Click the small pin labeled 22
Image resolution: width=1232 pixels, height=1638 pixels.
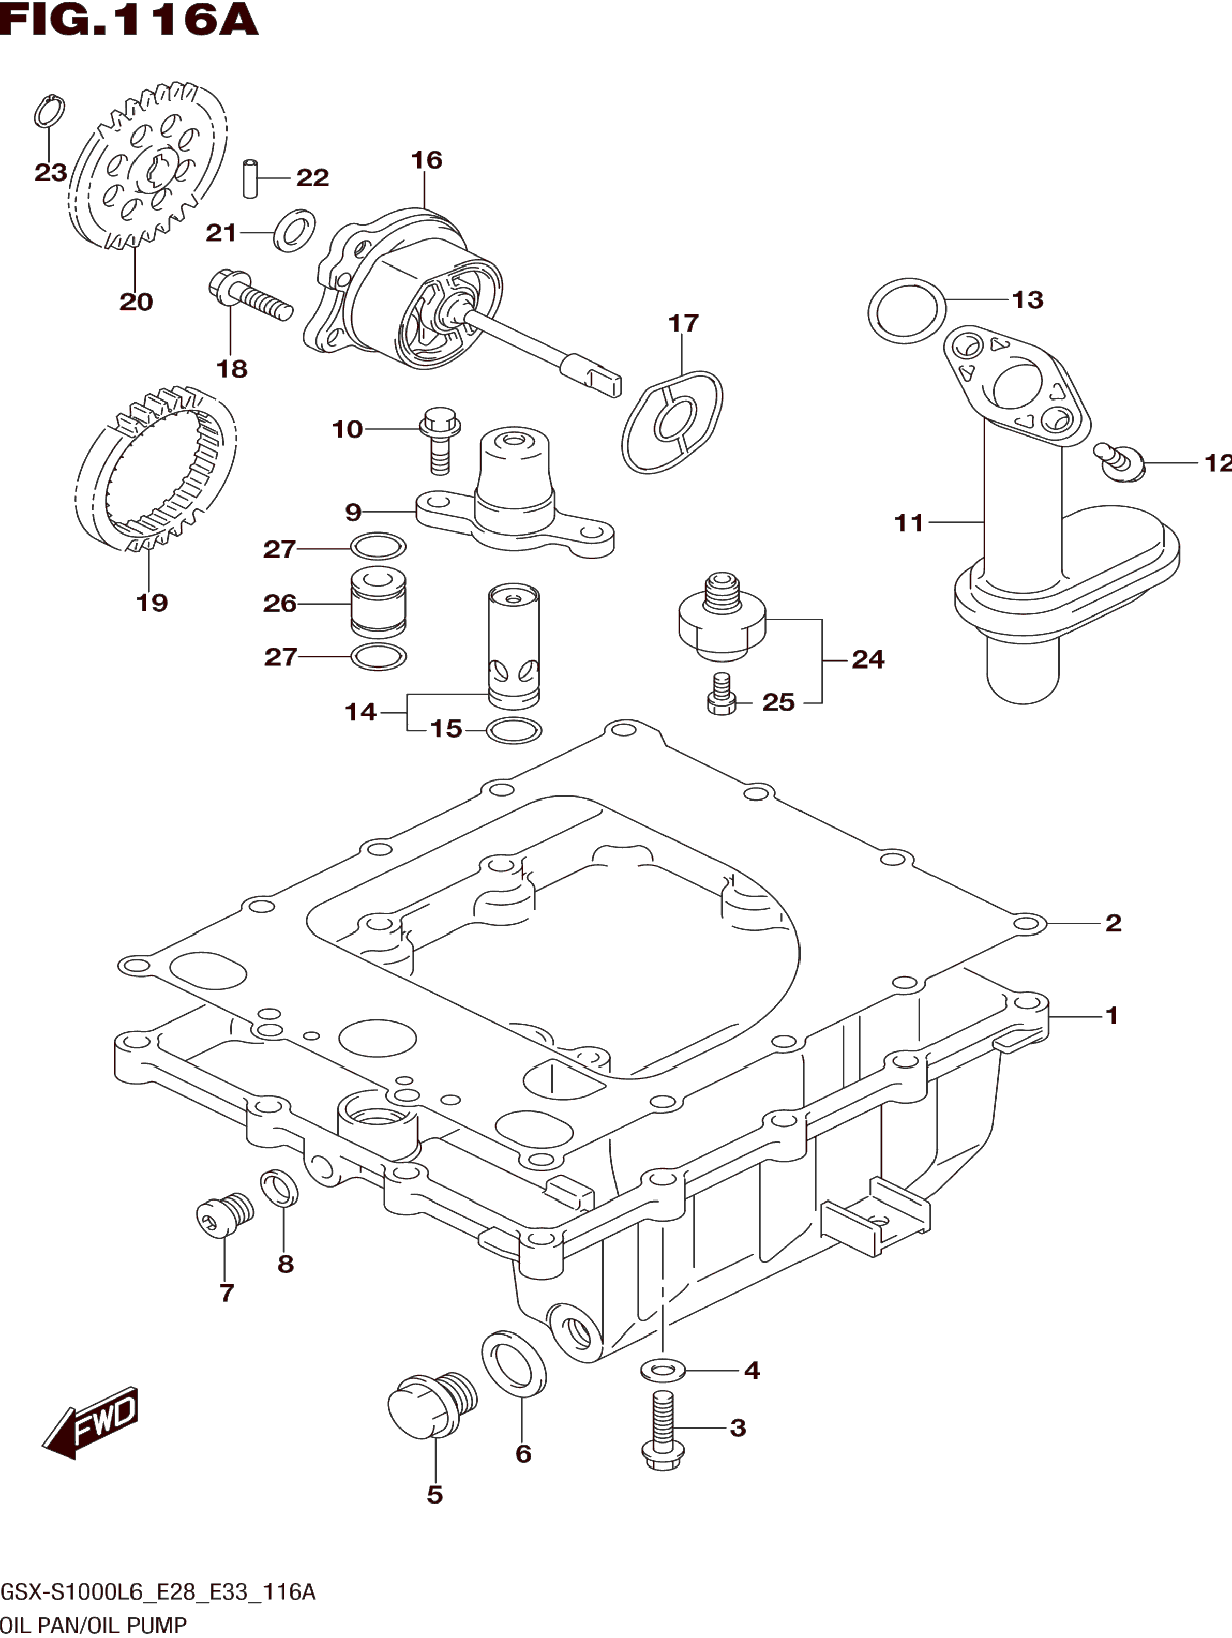[250, 178]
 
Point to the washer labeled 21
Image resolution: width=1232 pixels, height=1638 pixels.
[295, 230]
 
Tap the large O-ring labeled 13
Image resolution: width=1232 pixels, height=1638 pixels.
[907, 311]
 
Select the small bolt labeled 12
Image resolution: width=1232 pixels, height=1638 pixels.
[1121, 462]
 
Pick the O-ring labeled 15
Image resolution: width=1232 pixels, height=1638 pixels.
[514, 731]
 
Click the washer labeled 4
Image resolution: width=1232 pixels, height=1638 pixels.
[663, 1371]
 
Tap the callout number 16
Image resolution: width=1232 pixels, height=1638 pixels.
[427, 160]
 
